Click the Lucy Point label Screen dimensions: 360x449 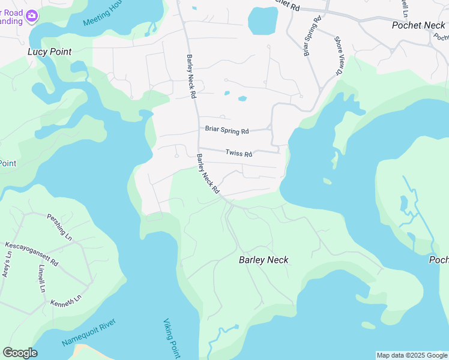point(49,52)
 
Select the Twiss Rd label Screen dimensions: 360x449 point(238,154)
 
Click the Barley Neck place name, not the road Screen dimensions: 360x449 point(264,260)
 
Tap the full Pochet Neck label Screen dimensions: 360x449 point(418,25)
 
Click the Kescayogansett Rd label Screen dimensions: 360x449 point(31,254)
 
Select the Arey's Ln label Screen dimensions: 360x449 point(8,265)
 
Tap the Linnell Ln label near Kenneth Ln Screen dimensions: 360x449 point(42,278)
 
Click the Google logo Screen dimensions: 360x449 point(20,353)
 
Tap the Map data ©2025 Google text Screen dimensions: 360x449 point(412,355)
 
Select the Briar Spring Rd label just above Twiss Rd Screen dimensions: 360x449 point(226,130)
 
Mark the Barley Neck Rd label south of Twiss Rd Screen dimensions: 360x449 point(207,173)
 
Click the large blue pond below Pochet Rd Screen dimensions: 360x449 point(263,22)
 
